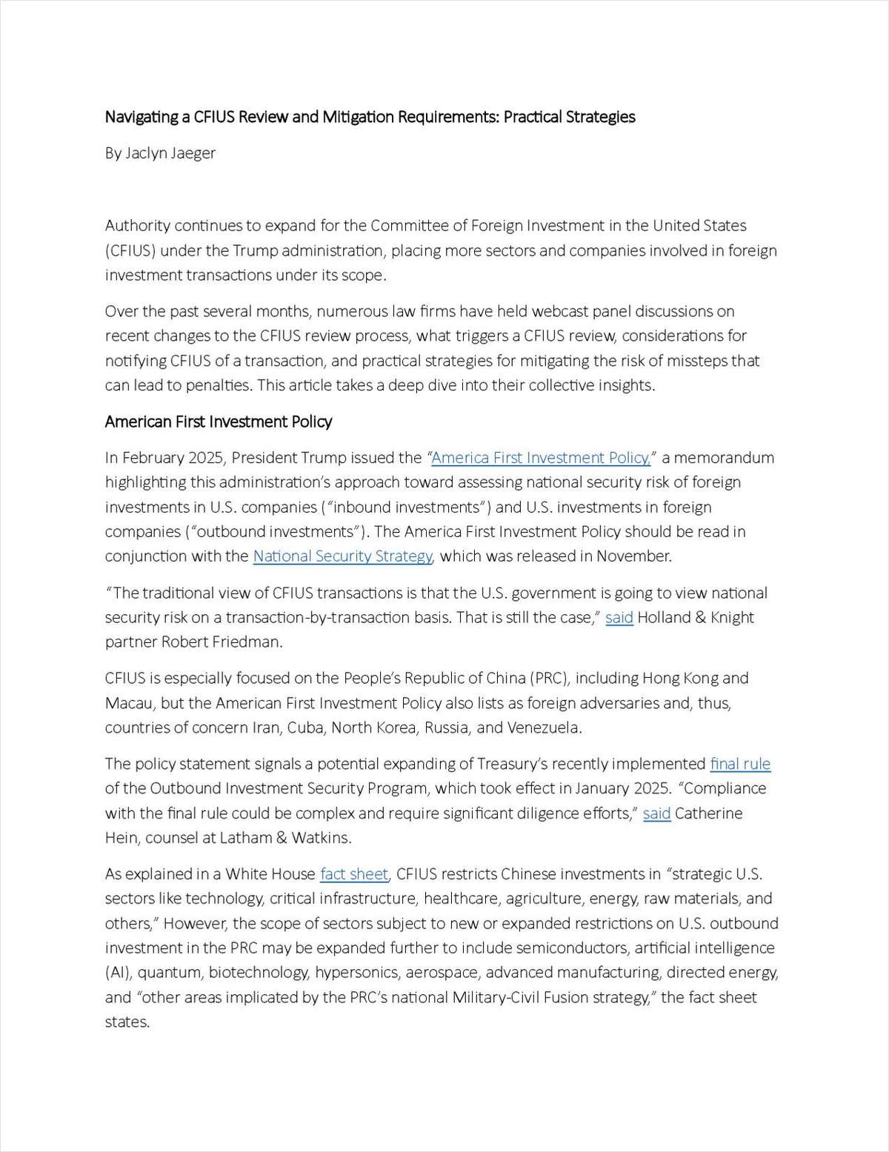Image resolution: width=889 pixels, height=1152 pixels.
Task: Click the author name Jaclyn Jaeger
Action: [x=170, y=153]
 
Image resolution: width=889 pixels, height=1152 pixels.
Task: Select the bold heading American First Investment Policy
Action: [x=219, y=422]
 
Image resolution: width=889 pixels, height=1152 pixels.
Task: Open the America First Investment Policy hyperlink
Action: [x=541, y=458]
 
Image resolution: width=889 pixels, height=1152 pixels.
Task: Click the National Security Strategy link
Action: [x=343, y=556]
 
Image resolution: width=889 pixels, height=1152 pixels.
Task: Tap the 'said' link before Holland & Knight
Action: [x=619, y=618]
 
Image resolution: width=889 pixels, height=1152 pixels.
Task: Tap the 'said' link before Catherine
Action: [x=656, y=813]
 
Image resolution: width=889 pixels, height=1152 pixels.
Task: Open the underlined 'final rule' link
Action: [x=740, y=764]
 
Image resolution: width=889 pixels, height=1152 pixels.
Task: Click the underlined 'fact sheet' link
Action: [x=354, y=874]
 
